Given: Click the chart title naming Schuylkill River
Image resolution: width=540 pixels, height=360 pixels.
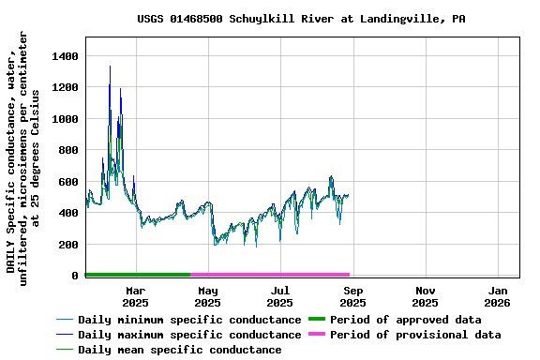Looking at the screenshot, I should coord(301,19).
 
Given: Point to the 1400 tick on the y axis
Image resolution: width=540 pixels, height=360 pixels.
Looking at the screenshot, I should coord(66,56).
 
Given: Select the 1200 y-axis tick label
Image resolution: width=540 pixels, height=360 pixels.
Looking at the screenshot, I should coord(66,88).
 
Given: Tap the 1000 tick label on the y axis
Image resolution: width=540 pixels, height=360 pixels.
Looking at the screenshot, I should coord(66,119).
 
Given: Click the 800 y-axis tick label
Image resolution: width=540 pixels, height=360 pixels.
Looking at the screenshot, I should coord(69,151).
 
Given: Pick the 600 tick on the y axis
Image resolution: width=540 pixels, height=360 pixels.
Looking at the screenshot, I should coord(69,182).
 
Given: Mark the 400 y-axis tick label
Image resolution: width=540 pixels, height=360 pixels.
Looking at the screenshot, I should coord(69,213).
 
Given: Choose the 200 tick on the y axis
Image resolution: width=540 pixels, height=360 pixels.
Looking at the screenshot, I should coord(69,245).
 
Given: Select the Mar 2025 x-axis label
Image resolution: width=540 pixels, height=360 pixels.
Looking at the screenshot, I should coord(136,296).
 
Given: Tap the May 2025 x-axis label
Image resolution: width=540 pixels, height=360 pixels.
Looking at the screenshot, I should coord(208,296).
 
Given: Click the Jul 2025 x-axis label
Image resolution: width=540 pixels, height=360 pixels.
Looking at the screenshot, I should coord(280,296).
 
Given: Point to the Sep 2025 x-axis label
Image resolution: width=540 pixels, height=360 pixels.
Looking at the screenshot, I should coord(352,296).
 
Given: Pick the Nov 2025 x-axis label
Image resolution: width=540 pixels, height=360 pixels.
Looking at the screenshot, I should coord(425,296).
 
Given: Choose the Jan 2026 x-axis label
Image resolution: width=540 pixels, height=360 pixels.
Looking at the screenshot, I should coord(498,296).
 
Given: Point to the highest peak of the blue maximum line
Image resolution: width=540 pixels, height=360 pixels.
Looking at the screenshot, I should coord(110,66).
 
